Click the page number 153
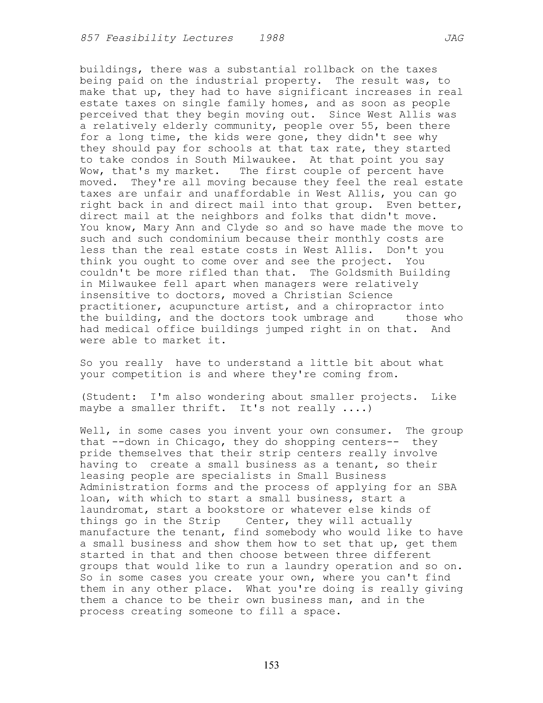coord(271,665)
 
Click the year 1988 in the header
coord(272,38)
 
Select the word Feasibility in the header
coord(141,38)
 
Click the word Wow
coord(89,171)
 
